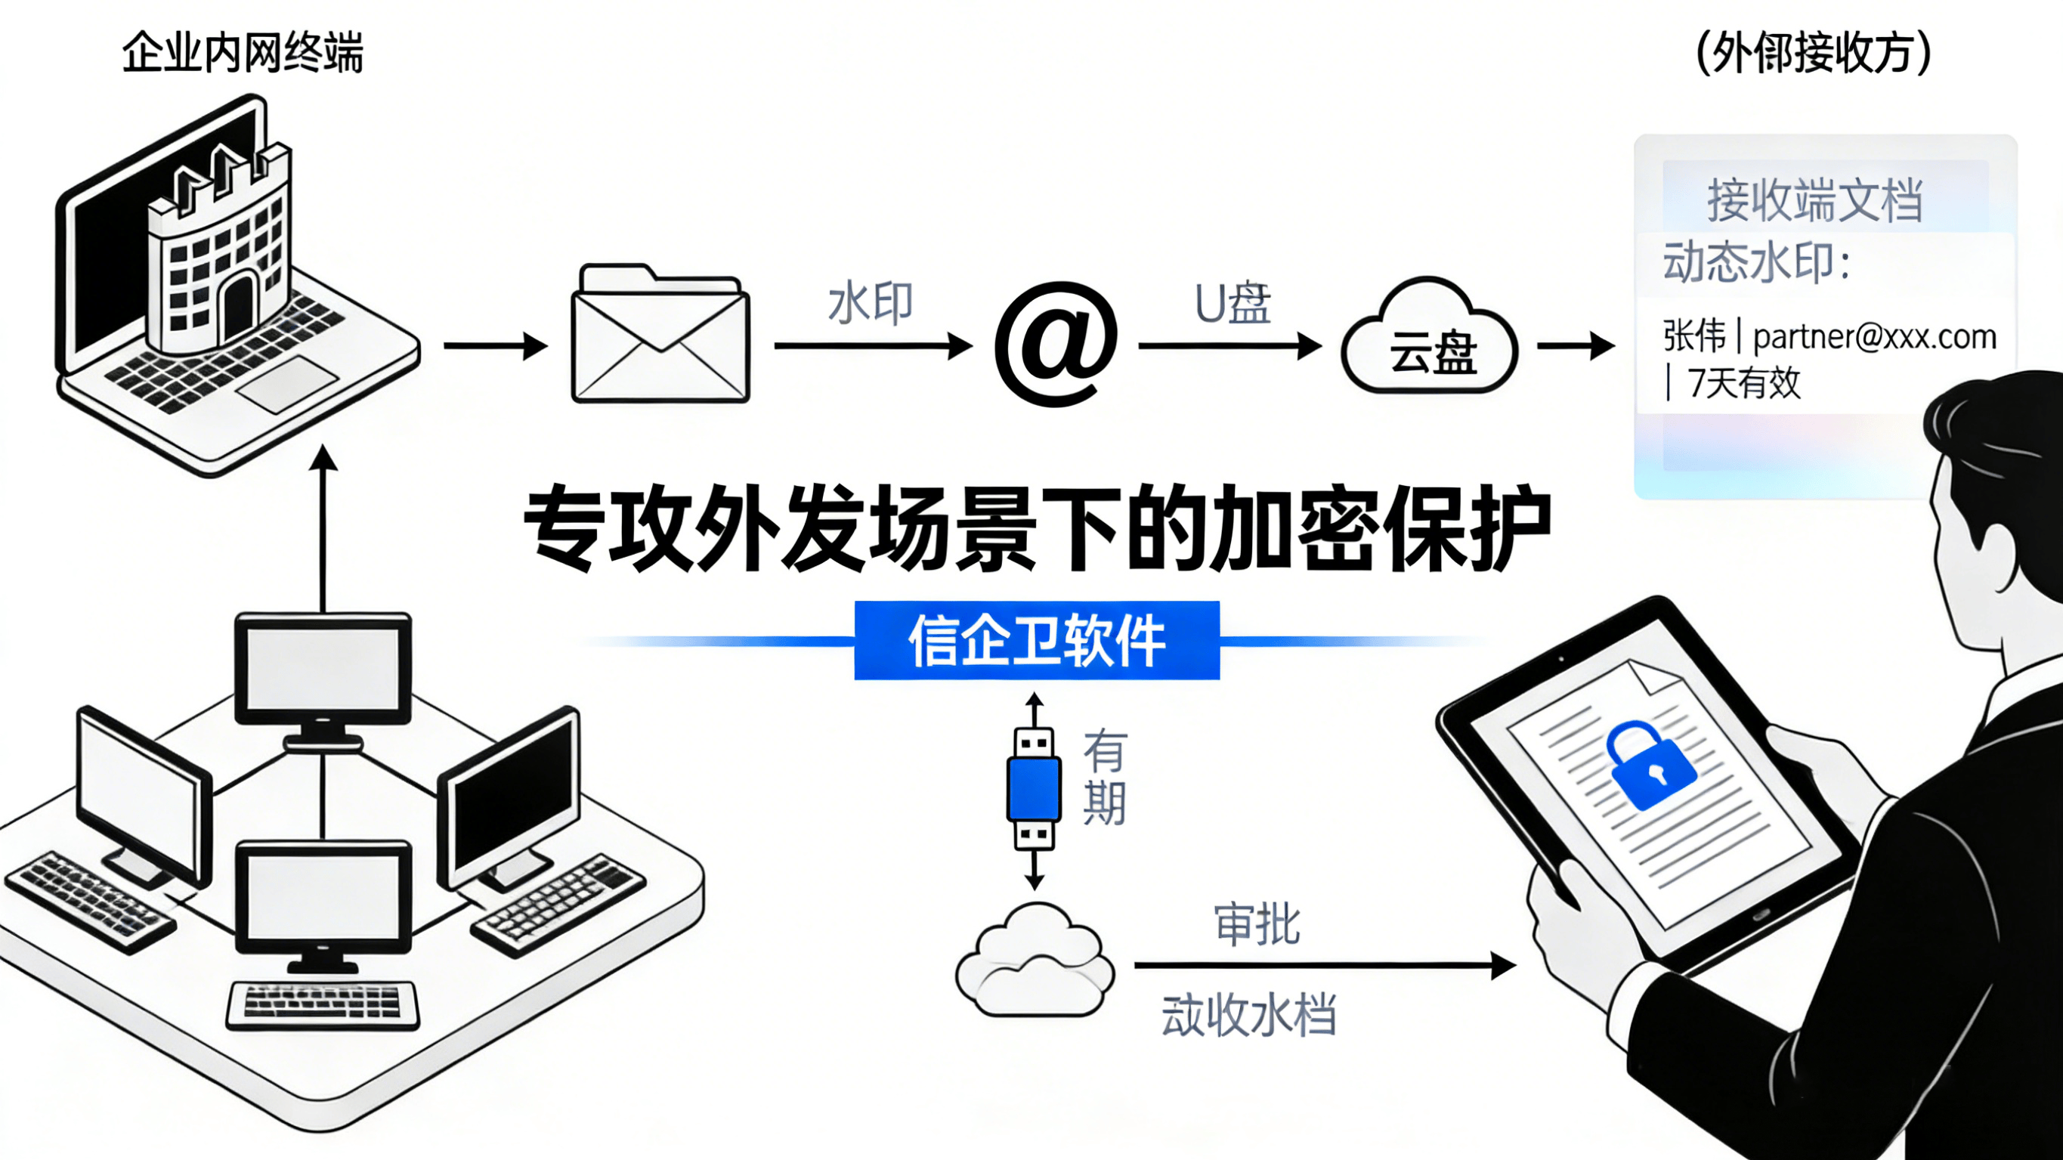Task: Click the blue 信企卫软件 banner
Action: pos(1036,640)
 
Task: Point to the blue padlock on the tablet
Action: pos(1650,765)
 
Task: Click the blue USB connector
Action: pos(1034,789)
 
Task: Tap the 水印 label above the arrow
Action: pos(870,304)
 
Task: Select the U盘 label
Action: pos(1232,305)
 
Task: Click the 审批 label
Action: pos(1257,924)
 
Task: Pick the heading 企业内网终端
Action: pos(243,53)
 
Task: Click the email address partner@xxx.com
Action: pos(1874,337)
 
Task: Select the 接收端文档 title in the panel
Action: pos(1814,200)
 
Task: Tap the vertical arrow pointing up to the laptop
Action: pos(323,529)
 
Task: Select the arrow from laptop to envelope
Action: pos(495,346)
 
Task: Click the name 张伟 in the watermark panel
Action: pos(1693,336)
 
